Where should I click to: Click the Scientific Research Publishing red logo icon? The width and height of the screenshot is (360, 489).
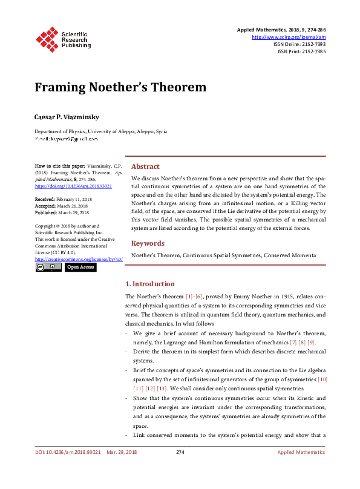point(47,39)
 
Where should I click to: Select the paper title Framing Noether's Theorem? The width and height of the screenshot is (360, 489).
point(120,87)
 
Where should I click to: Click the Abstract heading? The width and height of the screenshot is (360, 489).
point(145,166)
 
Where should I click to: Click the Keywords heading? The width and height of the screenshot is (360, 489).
point(148,243)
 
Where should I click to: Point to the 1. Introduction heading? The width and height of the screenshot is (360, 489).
point(149,284)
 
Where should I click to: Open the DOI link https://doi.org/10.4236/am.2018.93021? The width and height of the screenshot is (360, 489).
point(73,187)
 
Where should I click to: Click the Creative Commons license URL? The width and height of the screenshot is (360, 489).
point(79,259)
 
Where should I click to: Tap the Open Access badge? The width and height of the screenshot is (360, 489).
point(80,267)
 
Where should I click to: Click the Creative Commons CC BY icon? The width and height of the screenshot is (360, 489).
point(48,267)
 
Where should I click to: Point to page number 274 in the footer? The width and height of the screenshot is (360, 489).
point(180,469)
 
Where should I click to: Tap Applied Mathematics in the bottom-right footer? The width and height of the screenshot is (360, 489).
point(301,469)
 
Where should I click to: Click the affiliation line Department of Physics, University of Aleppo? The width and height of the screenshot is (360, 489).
point(100,131)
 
